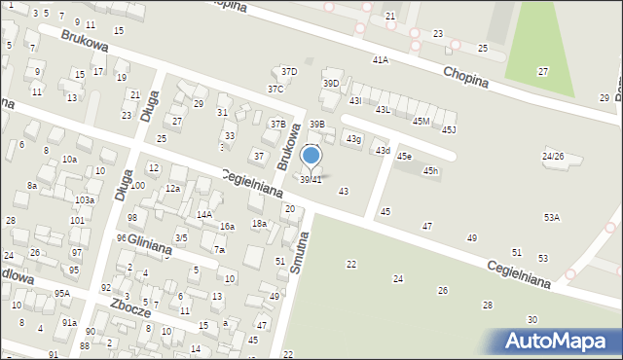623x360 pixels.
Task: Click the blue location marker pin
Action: tap(311, 156)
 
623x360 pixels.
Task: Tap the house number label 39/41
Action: tap(311, 180)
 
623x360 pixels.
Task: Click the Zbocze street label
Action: tap(129, 308)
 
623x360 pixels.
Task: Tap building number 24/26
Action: tap(554, 157)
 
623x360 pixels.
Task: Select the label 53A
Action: tap(552, 218)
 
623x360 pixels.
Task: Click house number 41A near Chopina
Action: tap(380, 60)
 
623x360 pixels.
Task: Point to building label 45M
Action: tap(421, 121)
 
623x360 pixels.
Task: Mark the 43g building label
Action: tap(353, 140)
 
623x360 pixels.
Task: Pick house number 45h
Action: tap(430, 171)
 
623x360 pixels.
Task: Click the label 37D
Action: tap(289, 72)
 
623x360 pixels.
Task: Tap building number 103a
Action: tap(85, 199)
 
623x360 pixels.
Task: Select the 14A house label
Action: tap(204, 215)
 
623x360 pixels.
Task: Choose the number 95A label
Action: tap(62, 293)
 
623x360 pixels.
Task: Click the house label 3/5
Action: tap(181, 237)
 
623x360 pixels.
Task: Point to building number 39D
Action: tap(331, 84)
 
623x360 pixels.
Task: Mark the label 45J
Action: tap(449, 129)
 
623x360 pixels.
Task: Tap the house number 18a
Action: tap(259, 224)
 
